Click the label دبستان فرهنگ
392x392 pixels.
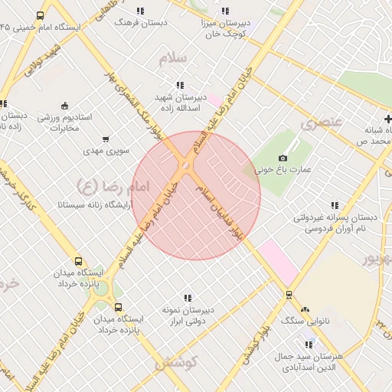click(136, 22)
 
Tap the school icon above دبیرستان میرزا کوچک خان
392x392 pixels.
click(225, 11)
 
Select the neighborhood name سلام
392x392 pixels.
click(174, 58)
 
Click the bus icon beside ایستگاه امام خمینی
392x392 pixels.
click(40, 15)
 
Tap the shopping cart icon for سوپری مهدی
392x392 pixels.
click(105, 139)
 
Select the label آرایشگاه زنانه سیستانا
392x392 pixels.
click(96, 205)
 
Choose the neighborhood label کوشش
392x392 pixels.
click(177, 363)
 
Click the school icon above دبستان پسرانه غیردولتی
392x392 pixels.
click(334, 205)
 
